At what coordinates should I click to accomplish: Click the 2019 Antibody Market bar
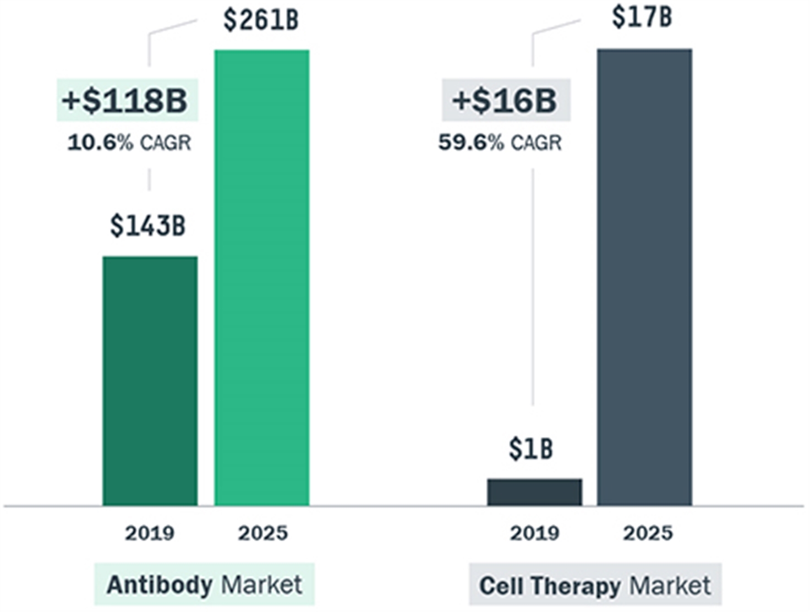tap(150, 381)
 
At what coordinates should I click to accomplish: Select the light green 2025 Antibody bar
tap(262, 277)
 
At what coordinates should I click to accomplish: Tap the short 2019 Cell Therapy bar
tap(535, 492)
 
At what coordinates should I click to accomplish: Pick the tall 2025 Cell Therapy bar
tap(645, 277)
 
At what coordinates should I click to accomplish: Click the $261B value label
tap(261, 20)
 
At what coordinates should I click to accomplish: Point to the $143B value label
tap(147, 226)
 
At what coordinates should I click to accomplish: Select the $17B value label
tap(642, 17)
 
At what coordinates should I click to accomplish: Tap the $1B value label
tap(531, 449)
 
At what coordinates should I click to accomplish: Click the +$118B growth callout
tap(125, 101)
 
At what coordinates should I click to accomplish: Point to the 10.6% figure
tap(100, 143)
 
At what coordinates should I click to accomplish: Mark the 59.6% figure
tap(471, 143)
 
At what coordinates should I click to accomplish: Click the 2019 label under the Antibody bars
tap(150, 533)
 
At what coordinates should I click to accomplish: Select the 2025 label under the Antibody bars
tap(262, 533)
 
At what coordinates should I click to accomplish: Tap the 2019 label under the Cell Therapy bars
tap(535, 533)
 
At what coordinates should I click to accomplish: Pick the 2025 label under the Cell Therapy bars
tap(648, 533)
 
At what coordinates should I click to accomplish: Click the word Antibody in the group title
tap(160, 586)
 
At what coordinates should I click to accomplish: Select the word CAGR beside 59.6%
tap(536, 143)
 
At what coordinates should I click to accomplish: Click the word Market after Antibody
tap(261, 584)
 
